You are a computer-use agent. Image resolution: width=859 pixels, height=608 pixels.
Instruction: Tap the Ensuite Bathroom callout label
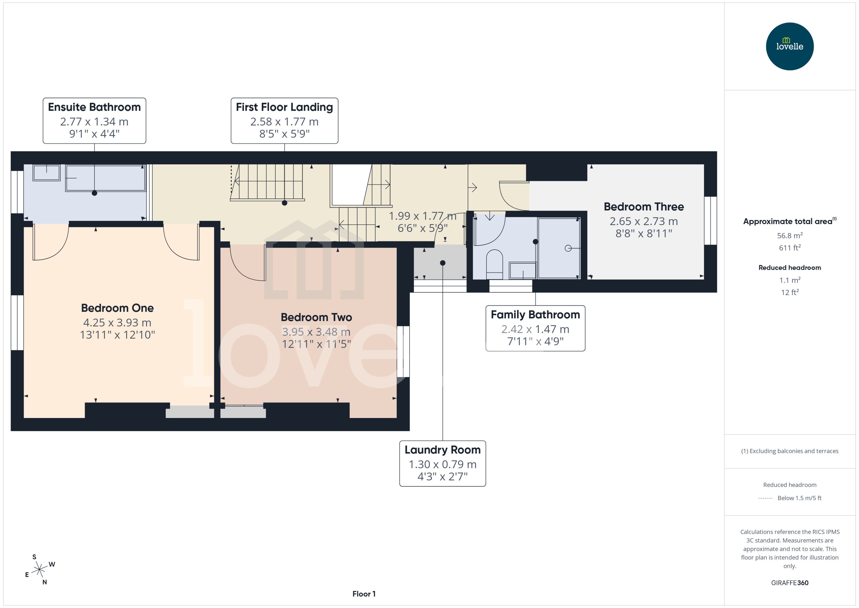pos(94,120)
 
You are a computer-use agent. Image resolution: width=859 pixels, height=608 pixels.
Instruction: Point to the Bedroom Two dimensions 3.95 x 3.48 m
pos(316,332)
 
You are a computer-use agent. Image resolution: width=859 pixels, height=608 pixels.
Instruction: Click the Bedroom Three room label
pos(644,207)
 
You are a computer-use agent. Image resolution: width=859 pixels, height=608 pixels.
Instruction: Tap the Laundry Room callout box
pos(443,463)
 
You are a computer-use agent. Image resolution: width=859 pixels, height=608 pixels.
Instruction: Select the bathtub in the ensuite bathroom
pos(106,178)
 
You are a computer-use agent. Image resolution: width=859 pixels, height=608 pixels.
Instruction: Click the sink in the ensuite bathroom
pos(46,173)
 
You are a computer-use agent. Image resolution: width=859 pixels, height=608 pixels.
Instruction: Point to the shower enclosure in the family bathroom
pos(559,248)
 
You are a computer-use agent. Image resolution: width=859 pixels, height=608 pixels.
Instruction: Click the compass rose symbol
pos(39,569)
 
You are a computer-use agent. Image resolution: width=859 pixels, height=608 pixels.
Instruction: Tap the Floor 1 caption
pos(363,594)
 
